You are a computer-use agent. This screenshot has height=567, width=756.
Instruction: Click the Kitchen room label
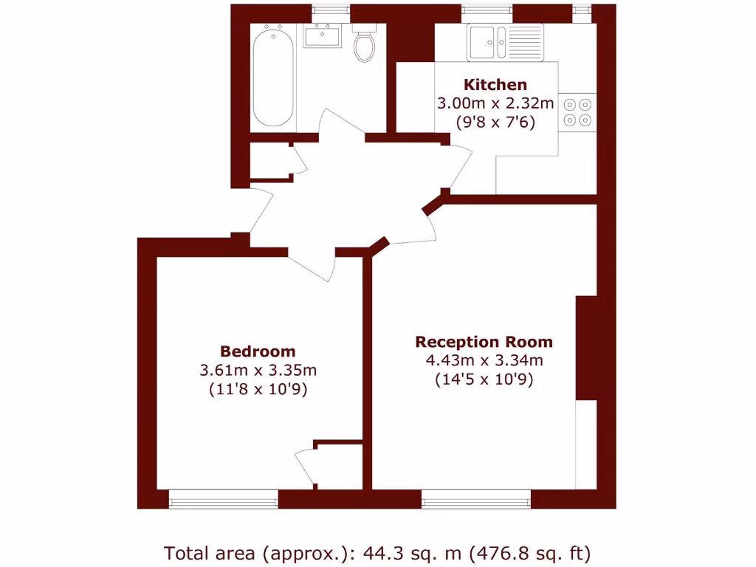pos(495,84)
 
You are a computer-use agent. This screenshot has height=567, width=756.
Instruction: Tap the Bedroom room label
pos(258,351)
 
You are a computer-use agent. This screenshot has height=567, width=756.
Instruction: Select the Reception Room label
pos(484,342)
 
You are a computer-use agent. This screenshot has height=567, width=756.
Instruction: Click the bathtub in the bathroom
pos(272,77)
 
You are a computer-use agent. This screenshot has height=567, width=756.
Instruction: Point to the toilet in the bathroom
pos(365,44)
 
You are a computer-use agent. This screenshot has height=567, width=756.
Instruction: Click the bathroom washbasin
pos(322,35)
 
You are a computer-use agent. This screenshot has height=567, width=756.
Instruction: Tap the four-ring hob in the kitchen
pos(577,112)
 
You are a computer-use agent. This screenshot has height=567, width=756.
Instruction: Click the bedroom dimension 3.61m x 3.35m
pos(258,370)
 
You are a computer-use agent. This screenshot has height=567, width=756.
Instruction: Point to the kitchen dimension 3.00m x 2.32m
pos(495,103)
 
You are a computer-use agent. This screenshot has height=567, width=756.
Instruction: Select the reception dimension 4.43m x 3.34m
pos(484,361)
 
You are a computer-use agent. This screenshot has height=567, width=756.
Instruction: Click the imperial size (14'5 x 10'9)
pos(484,380)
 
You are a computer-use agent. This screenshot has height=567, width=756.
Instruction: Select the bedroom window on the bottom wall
pos(224,500)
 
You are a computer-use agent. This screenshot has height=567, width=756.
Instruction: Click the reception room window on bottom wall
pos(475,500)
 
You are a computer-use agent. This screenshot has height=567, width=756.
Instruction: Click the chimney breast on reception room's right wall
pos(585,348)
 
